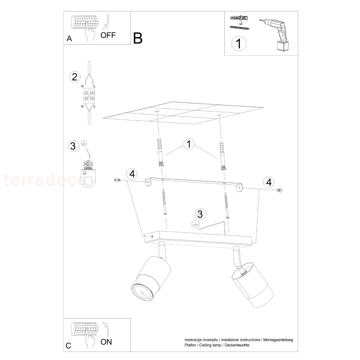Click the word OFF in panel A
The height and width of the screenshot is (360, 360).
click(108, 35)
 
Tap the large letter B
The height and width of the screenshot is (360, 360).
click(138, 38)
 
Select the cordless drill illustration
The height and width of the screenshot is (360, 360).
click(274, 34)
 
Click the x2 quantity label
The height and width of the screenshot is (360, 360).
click(241, 24)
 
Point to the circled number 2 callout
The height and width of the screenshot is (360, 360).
click(75, 77)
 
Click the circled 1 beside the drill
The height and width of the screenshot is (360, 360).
click(239, 43)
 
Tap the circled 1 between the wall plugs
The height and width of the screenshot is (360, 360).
click(189, 144)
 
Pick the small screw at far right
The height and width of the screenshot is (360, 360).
click(279, 190)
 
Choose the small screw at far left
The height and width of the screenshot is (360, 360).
click(117, 180)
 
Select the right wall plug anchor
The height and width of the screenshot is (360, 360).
click(222, 156)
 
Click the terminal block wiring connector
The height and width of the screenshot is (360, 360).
click(89, 95)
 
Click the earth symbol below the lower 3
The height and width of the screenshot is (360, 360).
click(196, 224)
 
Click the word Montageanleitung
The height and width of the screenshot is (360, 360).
click(278, 340)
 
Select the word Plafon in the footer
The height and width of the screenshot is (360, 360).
click(190, 345)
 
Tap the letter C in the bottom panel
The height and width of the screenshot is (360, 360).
click(69, 345)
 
